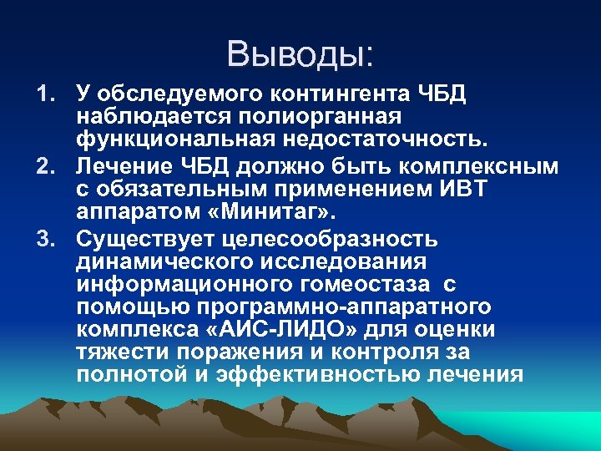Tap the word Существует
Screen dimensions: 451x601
click(x=145, y=240)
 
